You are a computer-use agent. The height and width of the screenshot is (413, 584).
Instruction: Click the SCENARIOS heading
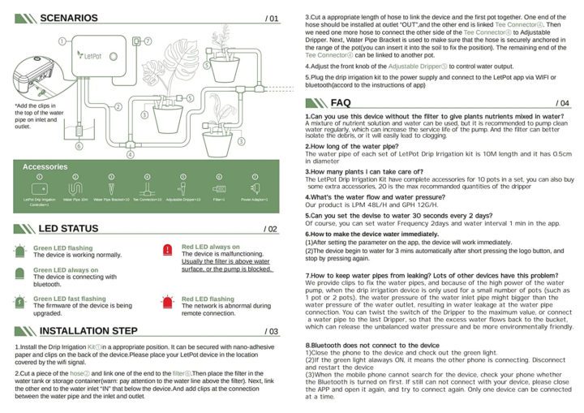[x=68, y=18]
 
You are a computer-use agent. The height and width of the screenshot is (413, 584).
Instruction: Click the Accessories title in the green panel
[x=45, y=166]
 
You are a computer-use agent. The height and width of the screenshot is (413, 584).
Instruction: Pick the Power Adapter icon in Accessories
[x=254, y=188]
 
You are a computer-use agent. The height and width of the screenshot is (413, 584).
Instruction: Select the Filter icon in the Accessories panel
[x=218, y=187]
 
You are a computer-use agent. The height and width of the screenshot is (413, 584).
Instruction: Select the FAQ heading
[x=341, y=103]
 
